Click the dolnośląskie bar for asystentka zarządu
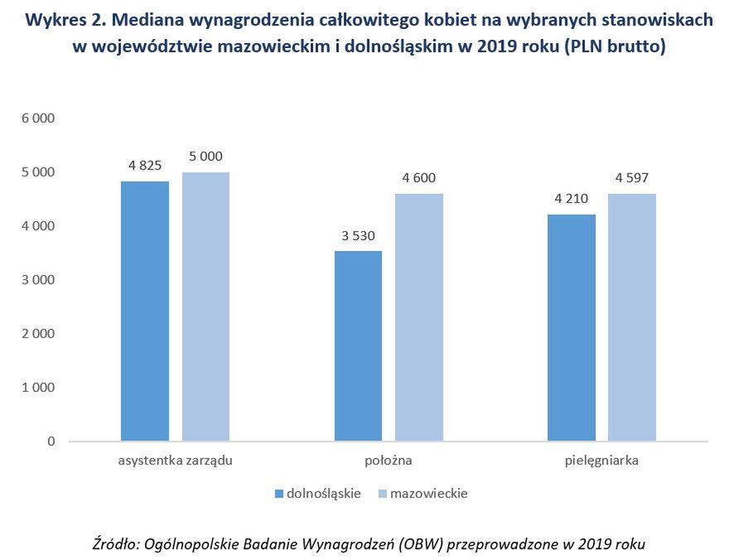pyautogui.click(x=145, y=311)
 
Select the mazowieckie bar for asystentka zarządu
pyautogui.click(x=205, y=307)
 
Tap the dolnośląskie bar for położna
pyautogui.click(x=358, y=345)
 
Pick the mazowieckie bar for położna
pyautogui.click(x=419, y=317)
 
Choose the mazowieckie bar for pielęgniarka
pyautogui.click(x=632, y=317)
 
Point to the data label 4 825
pyautogui.click(x=145, y=165)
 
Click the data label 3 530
pyautogui.click(x=358, y=234)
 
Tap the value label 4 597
pyautogui.click(x=632, y=177)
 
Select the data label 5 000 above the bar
pyautogui.click(x=205, y=156)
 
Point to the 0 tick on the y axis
pyautogui.click(x=51, y=442)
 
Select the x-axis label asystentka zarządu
pyautogui.click(x=175, y=461)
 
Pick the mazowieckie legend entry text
pyautogui.click(x=428, y=494)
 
